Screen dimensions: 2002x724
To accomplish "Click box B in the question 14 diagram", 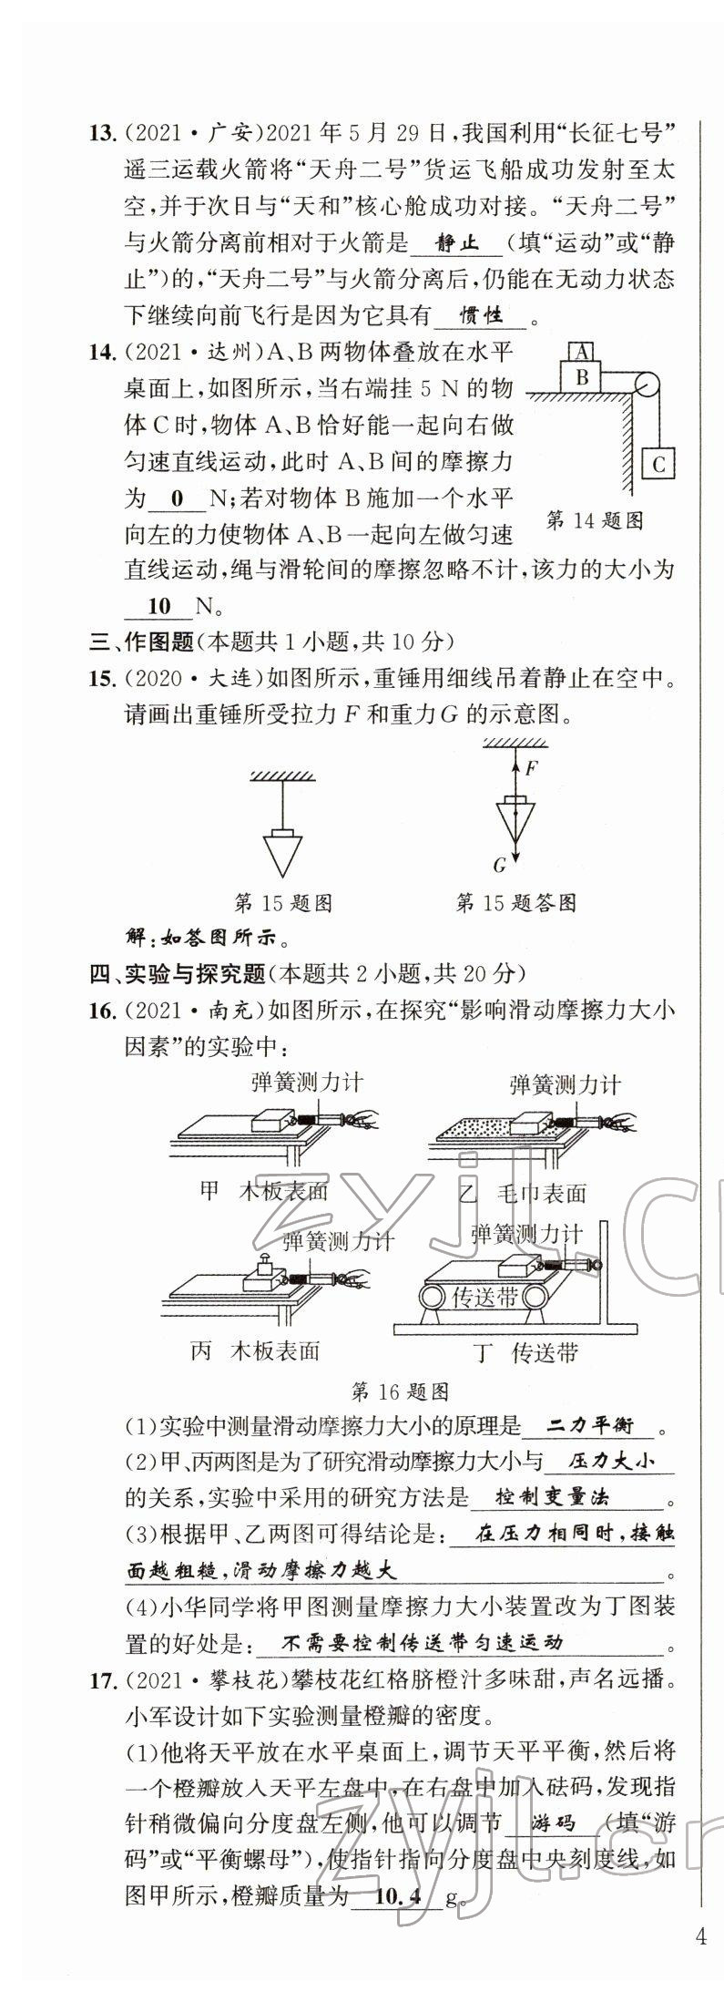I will coord(583,376).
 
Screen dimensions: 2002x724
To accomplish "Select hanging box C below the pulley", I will coord(659,464).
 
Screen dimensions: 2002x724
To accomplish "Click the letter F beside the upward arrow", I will coord(532,767).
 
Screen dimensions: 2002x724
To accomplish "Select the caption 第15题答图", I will coord(515,903).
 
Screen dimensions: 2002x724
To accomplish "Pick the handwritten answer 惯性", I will coord(482,316).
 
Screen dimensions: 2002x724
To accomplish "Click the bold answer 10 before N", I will coord(158,606).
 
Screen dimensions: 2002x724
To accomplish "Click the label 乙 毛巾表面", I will coord(524,1193).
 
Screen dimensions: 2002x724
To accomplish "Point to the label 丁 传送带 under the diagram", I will coord(526,1352).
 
